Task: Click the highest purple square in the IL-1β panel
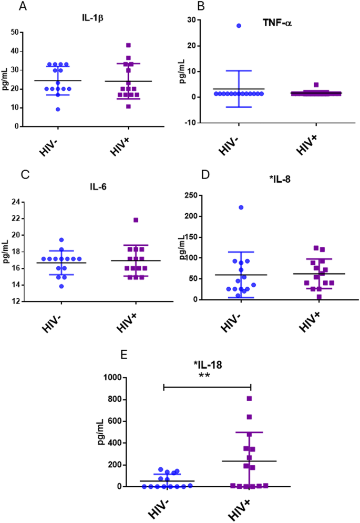(128, 45)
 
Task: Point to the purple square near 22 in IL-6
(136, 220)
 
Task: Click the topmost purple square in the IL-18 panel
(249, 399)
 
